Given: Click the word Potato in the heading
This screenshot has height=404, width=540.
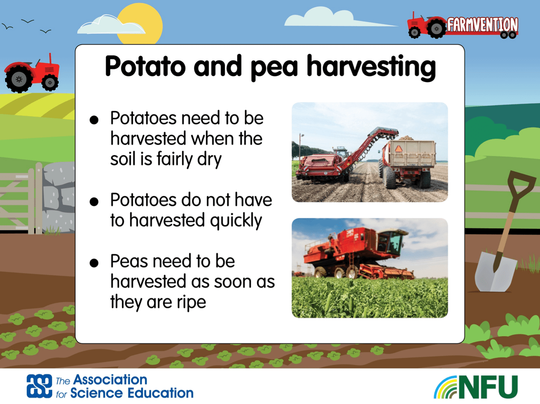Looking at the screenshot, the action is click(145, 66).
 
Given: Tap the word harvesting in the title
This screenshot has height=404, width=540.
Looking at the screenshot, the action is click(371, 68).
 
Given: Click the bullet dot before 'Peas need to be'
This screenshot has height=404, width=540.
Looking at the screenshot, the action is click(94, 263).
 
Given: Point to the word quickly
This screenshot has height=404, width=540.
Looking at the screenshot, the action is click(236, 221).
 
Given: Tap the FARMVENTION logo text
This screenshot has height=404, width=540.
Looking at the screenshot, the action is click(482, 25).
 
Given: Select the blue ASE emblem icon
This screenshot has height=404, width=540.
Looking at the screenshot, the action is click(39, 386).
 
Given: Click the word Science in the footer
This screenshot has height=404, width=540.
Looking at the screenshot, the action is click(98, 393).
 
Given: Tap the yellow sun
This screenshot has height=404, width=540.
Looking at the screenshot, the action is click(140, 24).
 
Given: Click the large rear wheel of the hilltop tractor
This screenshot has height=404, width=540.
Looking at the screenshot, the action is click(19, 79).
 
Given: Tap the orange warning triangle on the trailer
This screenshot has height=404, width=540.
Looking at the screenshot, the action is click(398, 149).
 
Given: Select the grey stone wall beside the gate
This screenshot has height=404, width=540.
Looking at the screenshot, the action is click(59, 197).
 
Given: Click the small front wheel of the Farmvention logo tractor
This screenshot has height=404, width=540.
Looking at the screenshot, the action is click(414, 32).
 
